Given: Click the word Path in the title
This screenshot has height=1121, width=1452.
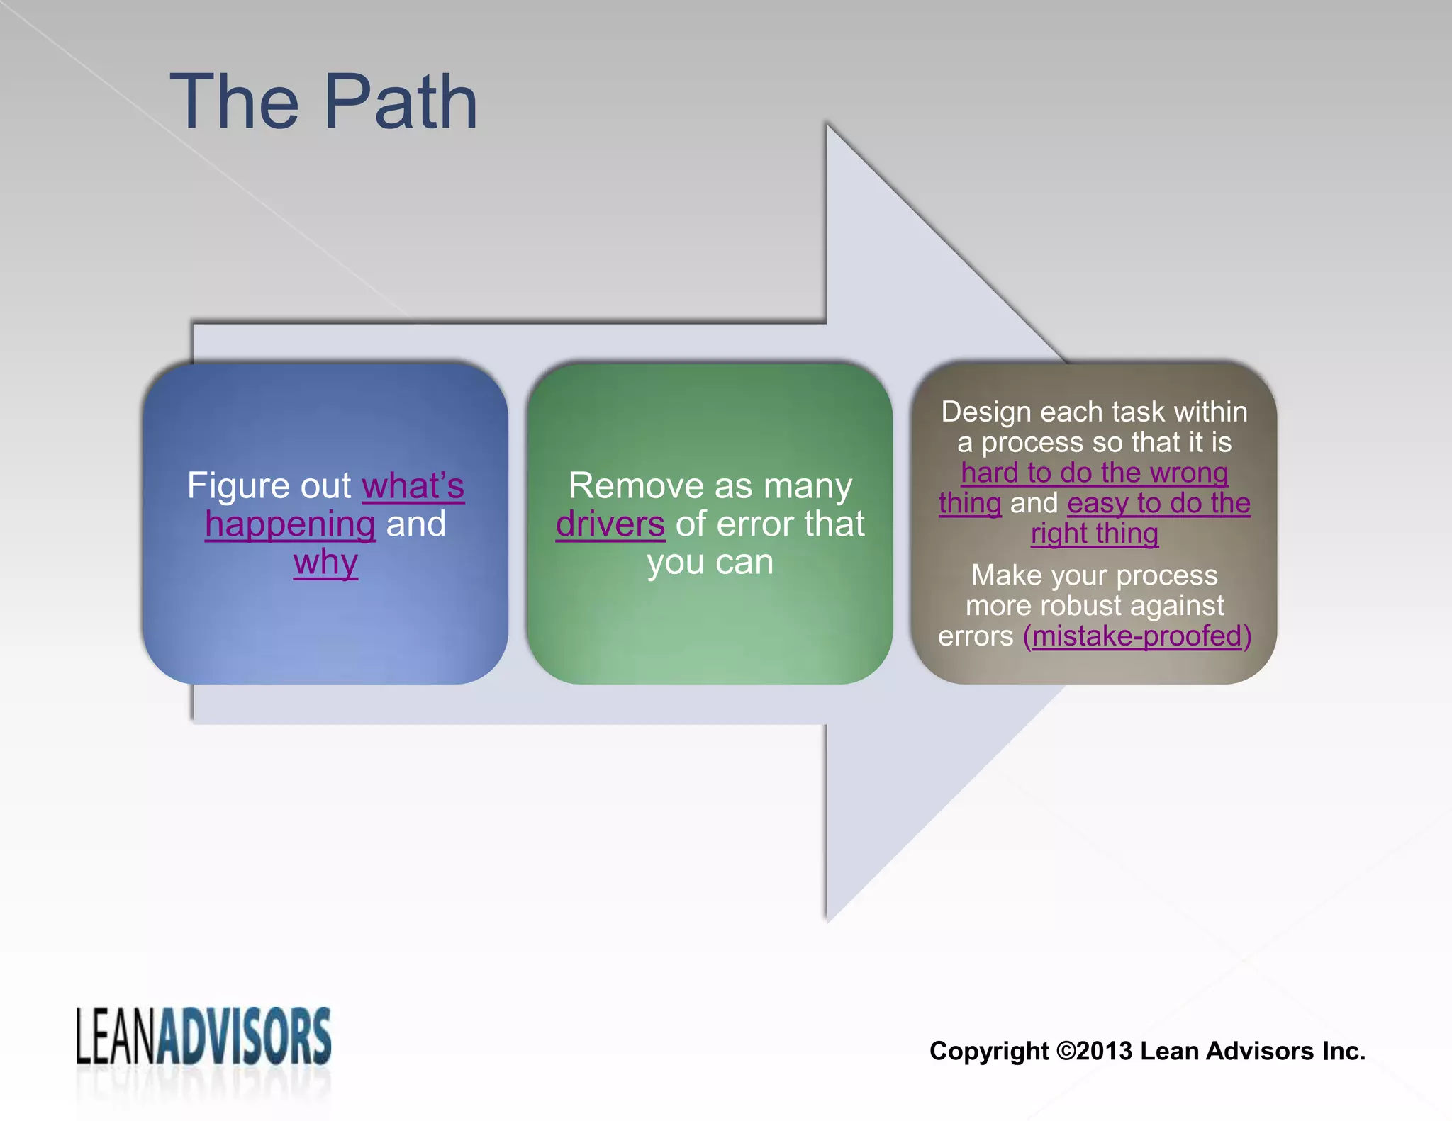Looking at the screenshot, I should click(401, 103).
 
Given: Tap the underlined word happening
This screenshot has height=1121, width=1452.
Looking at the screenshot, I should click(290, 525).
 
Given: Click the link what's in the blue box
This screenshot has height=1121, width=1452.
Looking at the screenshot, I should click(413, 487).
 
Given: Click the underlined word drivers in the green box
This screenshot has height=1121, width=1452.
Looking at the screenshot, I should click(610, 525).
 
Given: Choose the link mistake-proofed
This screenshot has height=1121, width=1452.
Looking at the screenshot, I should click(1137, 636).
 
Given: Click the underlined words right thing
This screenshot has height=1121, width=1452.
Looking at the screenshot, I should click(1095, 534).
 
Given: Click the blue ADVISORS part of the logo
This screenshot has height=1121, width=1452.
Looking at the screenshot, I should click(244, 1036).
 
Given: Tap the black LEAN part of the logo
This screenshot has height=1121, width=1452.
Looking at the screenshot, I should click(115, 1036).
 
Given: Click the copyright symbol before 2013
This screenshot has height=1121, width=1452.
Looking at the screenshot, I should click(1066, 1051).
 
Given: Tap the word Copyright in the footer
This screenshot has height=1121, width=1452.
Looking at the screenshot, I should click(989, 1051).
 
